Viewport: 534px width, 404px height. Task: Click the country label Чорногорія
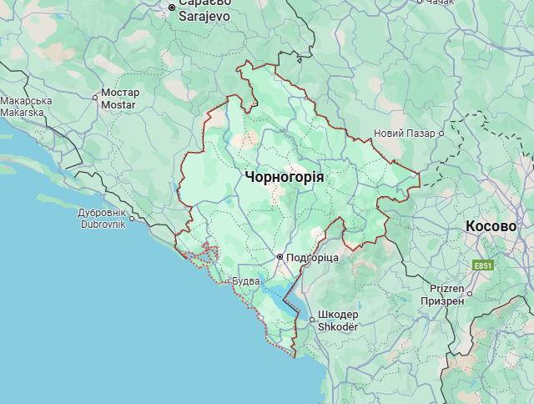tap(285, 177)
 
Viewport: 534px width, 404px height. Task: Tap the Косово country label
tap(491, 226)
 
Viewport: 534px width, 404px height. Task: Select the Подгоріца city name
tap(312, 258)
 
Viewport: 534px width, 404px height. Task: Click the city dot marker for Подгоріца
tap(280, 257)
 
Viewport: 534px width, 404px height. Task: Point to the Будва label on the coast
tap(246, 281)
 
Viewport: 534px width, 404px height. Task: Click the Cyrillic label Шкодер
tap(337, 316)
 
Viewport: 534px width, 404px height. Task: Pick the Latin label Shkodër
tap(337, 326)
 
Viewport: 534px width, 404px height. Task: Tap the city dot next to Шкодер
tap(311, 319)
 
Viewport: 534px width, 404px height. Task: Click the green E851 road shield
tap(482, 265)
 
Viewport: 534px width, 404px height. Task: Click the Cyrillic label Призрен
tap(442, 300)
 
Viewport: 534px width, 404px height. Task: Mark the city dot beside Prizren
tap(470, 293)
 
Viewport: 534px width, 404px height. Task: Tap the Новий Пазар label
tap(405, 134)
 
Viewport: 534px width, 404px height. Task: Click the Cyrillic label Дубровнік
tap(102, 213)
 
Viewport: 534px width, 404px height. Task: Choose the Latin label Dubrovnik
tap(102, 224)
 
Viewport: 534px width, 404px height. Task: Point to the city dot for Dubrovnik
tap(131, 219)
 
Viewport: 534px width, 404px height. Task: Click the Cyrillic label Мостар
tap(120, 93)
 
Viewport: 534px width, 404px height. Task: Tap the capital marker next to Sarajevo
tap(172, 8)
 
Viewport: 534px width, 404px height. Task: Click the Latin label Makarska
tap(26, 113)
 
